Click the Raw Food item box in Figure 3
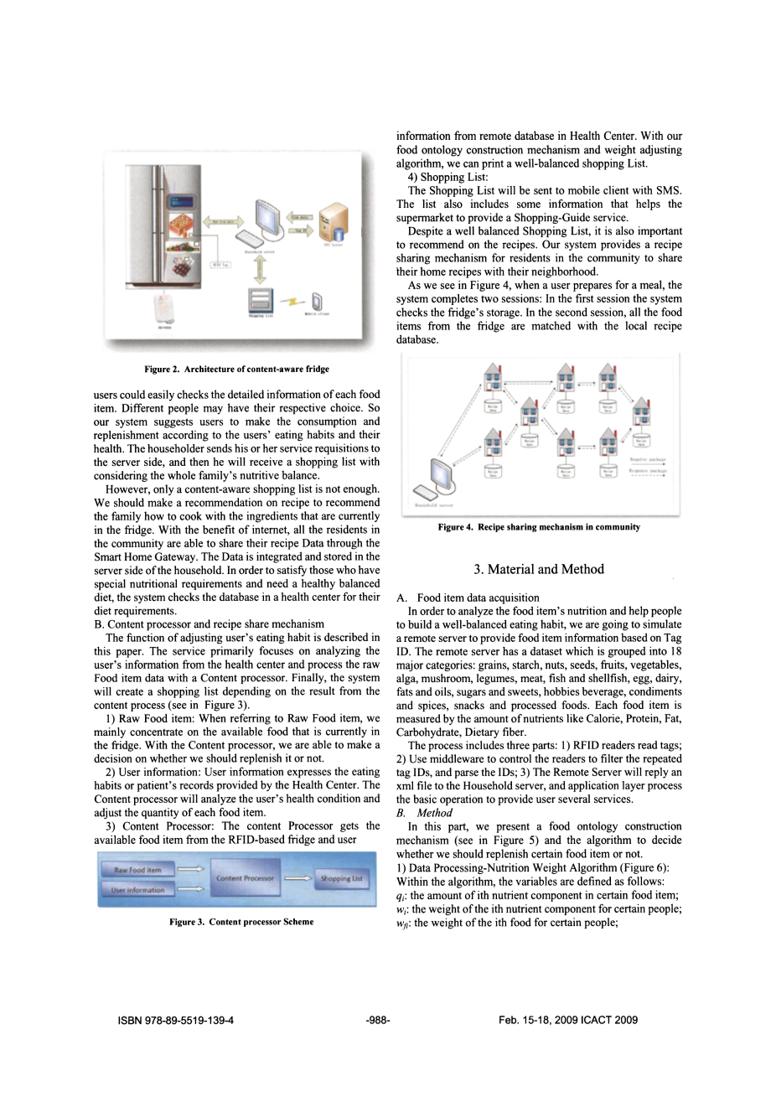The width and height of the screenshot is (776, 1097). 137,870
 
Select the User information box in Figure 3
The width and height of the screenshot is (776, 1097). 137,889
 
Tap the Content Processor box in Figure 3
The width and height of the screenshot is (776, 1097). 245,878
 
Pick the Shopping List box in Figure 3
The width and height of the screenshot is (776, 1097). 341,878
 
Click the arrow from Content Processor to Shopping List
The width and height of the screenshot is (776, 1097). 297,878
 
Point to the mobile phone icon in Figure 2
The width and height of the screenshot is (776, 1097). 318,301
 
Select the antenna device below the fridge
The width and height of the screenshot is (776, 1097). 163,308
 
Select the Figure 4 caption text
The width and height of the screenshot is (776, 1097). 539,527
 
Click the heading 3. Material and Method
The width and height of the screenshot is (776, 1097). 538,570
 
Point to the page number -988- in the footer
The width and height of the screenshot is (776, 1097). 379,1020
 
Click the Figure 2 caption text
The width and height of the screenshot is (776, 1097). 236,369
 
